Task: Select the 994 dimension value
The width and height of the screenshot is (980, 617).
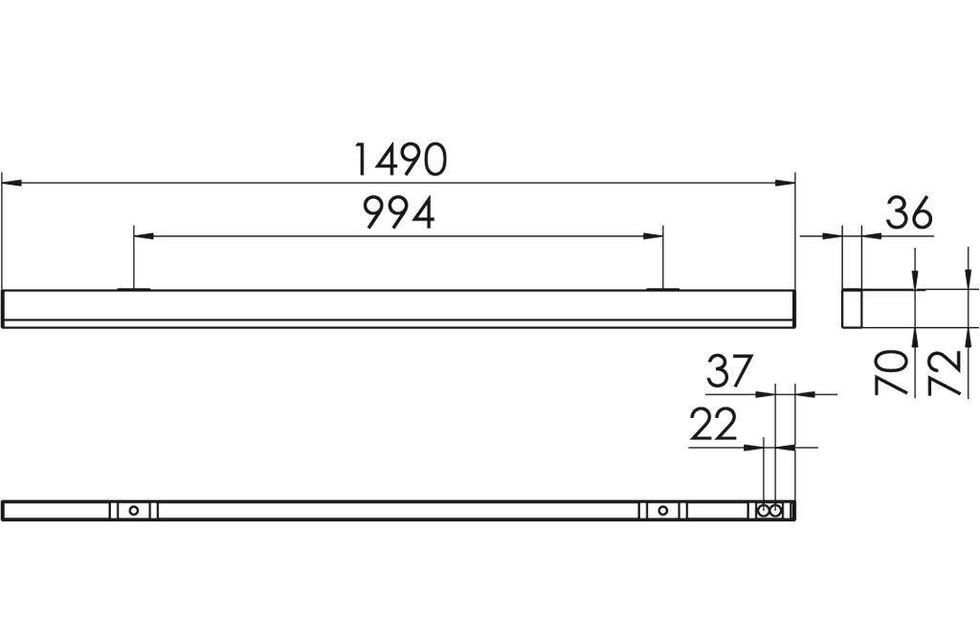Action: click(399, 213)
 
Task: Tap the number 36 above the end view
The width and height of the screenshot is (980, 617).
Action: click(908, 214)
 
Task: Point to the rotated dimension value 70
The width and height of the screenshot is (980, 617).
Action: click(892, 372)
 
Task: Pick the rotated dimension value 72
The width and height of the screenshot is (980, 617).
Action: click(945, 372)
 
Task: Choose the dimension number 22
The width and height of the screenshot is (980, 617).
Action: click(714, 424)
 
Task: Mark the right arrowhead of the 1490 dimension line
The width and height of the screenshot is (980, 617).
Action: click(787, 181)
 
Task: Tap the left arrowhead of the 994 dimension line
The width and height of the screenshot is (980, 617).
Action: click(142, 234)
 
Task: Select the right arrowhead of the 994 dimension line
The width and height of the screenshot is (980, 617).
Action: click(655, 234)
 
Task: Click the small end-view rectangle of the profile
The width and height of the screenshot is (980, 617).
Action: click(852, 308)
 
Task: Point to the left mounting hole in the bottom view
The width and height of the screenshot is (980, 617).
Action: click(134, 510)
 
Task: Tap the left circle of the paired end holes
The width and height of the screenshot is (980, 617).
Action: click(764, 510)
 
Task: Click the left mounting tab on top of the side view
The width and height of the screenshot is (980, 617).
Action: click(134, 288)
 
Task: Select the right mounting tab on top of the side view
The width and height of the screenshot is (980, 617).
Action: click(662, 288)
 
